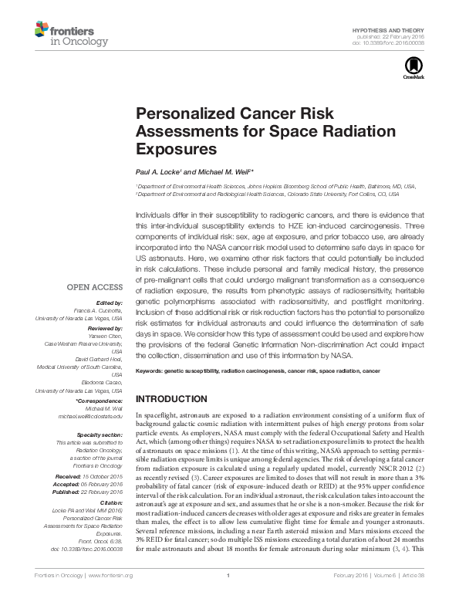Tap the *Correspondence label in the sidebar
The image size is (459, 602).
pyautogui.click(x=100, y=403)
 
